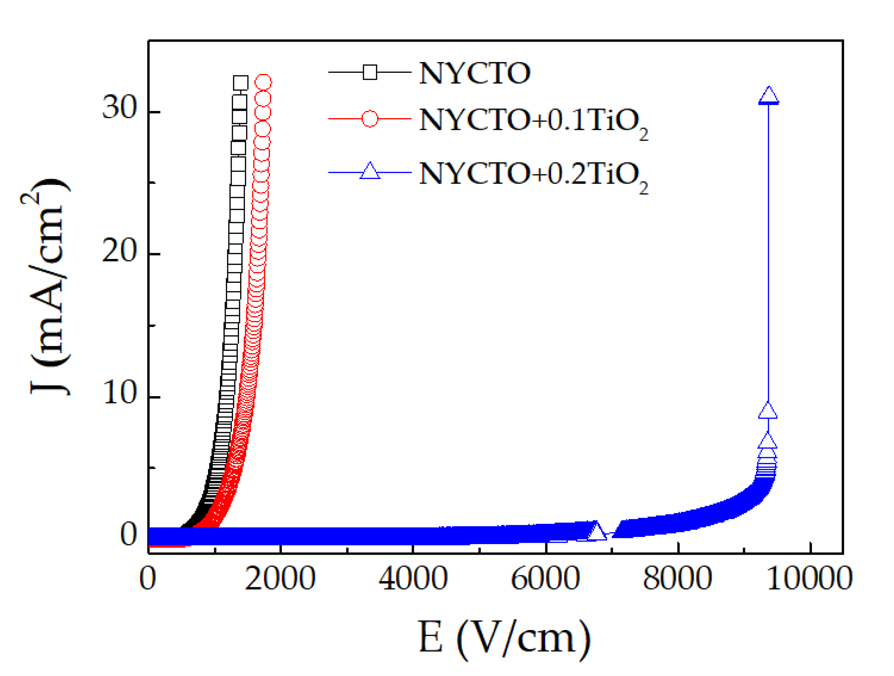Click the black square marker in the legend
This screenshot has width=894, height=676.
[370, 72]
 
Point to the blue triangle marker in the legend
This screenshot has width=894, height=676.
[370, 171]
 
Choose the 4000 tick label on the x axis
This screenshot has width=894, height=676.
[413, 579]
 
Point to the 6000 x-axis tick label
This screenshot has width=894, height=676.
[546, 579]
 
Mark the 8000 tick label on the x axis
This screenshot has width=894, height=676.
[677, 579]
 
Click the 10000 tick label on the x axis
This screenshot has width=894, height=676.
[809, 579]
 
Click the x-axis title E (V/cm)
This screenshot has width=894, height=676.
[504, 638]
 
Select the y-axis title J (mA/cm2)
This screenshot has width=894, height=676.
[48, 287]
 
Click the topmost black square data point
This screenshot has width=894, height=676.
[240, 83]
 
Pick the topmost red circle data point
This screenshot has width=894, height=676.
[263, 82]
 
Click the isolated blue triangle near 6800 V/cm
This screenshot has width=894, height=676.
[596, 532]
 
